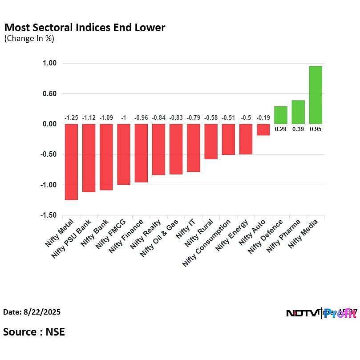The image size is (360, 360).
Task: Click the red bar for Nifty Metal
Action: (71, 162)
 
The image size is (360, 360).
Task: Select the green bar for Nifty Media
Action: (316, 95)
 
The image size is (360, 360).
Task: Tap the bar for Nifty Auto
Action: (263, 129)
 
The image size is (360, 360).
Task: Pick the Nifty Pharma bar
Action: (298, 112)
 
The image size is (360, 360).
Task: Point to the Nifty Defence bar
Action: (280, 115)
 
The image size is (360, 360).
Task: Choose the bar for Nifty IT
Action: (193, 148)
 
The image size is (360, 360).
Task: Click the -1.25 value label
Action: (71, 118)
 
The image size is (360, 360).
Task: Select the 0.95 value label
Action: (316, 129)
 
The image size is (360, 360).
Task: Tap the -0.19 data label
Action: (263, 118)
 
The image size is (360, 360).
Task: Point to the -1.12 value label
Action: (89, 118)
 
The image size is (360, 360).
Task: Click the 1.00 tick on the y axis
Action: (50, 63)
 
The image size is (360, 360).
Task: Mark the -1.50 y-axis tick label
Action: (49, 215)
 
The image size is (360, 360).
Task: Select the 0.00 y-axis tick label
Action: (50, 124)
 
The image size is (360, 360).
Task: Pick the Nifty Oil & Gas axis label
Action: (159, 238)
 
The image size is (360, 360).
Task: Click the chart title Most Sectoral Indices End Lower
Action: (85, 28)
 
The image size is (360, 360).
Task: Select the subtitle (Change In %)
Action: (29, 38)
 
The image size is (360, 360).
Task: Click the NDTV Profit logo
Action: (321, 313)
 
